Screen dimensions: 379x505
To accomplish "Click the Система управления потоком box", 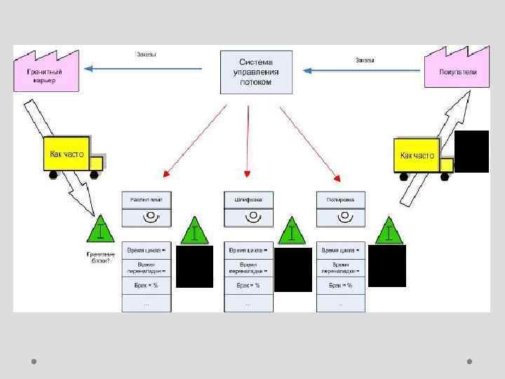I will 255,72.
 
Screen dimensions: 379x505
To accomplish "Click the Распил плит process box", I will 147,200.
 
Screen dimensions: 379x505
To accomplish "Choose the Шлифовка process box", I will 248,200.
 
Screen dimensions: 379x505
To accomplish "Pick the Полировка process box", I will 341,200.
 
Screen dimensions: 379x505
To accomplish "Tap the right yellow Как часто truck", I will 421,155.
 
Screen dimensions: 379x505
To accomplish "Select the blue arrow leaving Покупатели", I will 365,69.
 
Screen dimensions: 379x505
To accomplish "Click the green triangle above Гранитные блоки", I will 102,228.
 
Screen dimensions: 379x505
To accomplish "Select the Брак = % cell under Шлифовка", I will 248,285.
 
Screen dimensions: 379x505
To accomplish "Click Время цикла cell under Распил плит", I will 147,250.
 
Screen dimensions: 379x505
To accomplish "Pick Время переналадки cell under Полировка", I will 341,267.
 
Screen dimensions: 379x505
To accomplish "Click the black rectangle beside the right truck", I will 471,152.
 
